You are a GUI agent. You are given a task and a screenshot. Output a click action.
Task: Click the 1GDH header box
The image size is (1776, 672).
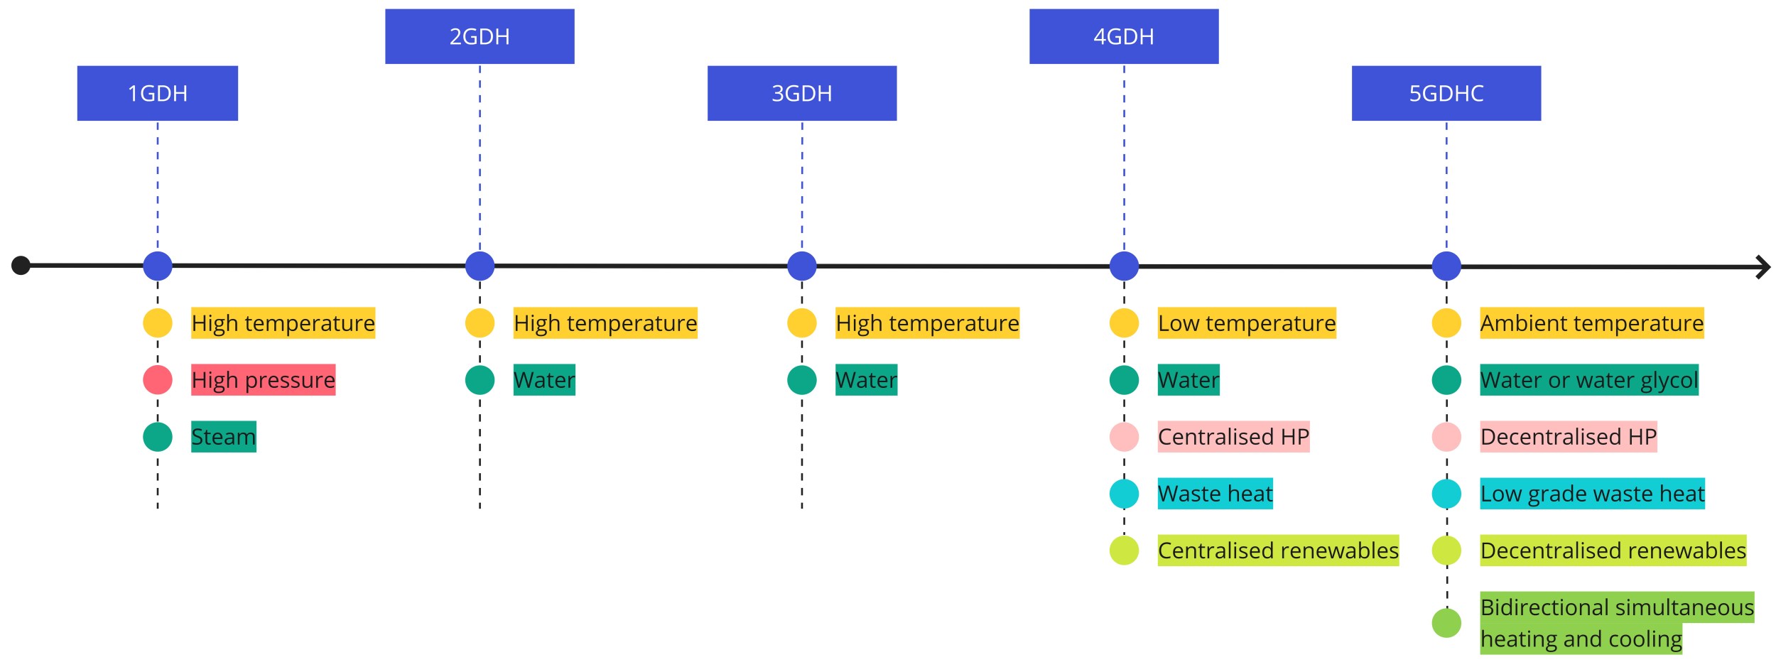(x=157, y=93)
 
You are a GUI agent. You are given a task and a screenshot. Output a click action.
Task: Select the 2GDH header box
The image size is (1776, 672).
(x=480, y=36)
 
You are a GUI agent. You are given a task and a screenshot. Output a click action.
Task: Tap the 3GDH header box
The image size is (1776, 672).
(x=801, y=93)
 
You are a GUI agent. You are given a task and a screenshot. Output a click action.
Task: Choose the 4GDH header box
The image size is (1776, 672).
(x=1123, y=36)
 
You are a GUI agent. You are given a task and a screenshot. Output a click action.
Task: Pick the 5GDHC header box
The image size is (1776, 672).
(x=1446, y=93)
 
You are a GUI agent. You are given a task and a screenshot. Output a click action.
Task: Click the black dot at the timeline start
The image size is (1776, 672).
(x=21, y=265)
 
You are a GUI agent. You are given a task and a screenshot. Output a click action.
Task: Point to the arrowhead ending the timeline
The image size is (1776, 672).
(x=1763, y=267)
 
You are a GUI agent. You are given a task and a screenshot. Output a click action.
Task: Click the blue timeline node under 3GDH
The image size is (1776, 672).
(x=801, y=266)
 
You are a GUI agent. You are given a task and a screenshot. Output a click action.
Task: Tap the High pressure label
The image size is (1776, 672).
(x=263, y=380)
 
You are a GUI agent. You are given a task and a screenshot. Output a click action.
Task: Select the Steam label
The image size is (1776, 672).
(x=223, y=437)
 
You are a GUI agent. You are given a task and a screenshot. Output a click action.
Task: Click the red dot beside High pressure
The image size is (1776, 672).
(x=157, y=380)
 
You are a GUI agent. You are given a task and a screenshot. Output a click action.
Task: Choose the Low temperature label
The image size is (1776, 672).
(x=1246, y=323)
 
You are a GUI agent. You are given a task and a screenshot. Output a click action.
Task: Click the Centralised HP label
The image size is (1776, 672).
(x=1233, y=437)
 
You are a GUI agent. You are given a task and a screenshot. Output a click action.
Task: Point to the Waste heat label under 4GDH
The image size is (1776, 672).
(x=1215, y=494)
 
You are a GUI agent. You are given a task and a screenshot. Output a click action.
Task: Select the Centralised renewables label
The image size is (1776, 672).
(x=1277, y=551)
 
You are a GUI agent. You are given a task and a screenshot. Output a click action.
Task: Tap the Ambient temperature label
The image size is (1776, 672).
(x=1591, y=323)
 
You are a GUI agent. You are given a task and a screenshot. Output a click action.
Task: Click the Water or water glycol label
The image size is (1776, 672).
(x=1588, y=380)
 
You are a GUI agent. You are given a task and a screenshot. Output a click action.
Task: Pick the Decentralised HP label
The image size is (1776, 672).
(x=1568, y=437)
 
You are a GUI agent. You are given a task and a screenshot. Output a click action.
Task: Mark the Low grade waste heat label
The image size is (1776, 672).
(x=1591, y=494)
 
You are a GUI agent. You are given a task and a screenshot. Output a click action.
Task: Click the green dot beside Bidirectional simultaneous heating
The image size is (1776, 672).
(x=1446, y=623)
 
